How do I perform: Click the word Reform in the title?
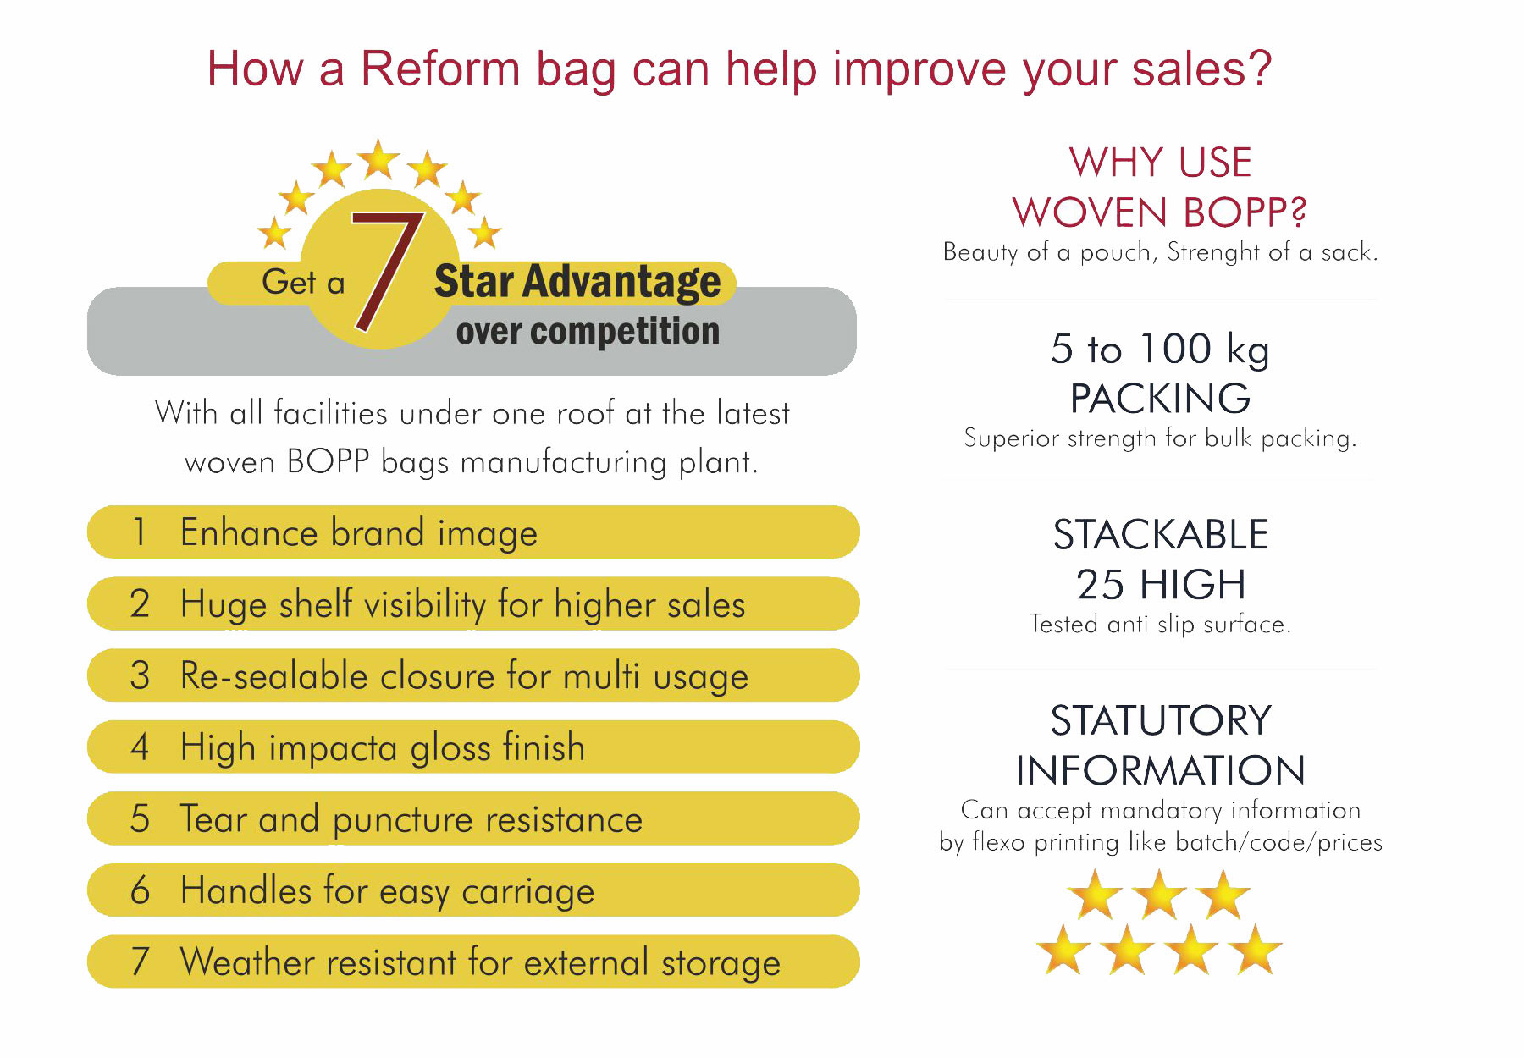coord(439,69)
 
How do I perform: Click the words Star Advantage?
coord(577,282)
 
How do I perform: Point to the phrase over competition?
coord(588,331)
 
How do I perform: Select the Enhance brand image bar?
coord(473,532)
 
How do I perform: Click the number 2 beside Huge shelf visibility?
coord(140,603)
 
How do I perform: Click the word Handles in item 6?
coord(246,890)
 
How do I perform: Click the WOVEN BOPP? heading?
coord(1160,212)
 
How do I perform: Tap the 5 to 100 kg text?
coord(1160,350)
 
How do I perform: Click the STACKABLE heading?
coord(1160,535)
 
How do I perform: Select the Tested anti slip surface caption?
coord(1160,625)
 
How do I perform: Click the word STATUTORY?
coord(1161,721)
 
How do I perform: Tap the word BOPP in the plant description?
coord(329,462)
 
